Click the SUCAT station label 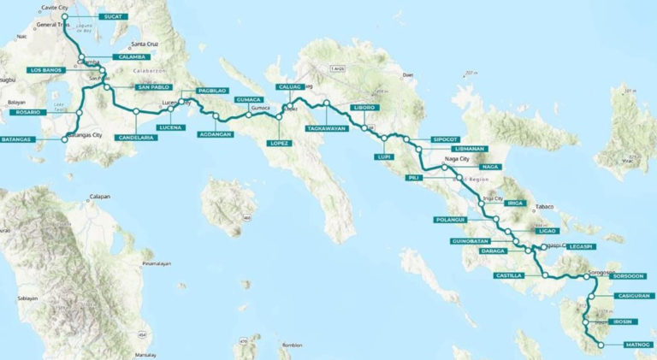111,16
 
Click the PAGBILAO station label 211,90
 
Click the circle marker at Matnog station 601,345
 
